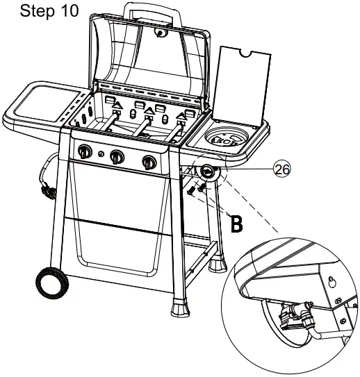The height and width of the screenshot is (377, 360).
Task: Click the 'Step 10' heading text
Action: [x=49, y=11]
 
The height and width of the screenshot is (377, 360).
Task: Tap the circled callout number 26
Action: [x=282, y=169]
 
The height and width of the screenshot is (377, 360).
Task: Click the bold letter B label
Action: [x=236, y=224]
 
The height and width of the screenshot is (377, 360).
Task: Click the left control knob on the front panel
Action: [x=85, y=151]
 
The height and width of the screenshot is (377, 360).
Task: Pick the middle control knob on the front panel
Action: [x=117, y=157]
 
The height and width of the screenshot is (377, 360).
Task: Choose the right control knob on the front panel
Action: [x=149, y=162]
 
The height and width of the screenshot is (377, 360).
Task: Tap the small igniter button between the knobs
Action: [x=101, y=153]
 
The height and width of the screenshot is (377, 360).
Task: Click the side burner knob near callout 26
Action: [x=207, y=172]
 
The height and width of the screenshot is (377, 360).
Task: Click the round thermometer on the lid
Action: [x=159, y=32]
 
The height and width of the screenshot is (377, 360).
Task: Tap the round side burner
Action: [x=227, y=139]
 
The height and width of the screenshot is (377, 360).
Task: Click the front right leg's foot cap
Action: [x=180, y=307]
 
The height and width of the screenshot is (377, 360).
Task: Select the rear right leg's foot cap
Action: [x=218, y=264]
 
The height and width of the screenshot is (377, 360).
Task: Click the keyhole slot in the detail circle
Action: [x=332, y=282]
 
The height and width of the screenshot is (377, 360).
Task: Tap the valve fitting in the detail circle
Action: [x=297, y=313]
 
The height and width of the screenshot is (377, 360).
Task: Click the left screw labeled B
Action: [x=191, y=191]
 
